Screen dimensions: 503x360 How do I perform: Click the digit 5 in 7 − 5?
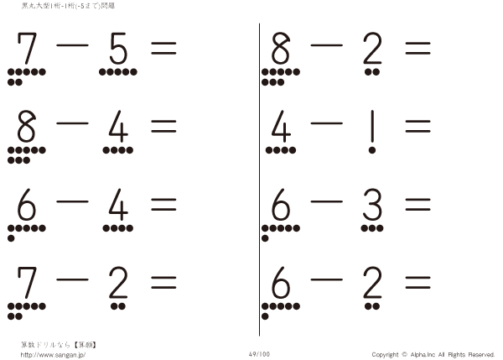point(118,48)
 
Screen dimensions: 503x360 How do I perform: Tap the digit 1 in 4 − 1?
point(372,126)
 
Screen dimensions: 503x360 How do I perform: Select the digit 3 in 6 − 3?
point(372,204)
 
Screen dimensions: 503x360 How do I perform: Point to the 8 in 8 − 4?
point(26,126)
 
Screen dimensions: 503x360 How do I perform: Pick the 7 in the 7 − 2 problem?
point(27,282)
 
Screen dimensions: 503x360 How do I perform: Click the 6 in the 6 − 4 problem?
point(26,204)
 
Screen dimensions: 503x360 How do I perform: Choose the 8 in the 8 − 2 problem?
point(281,48)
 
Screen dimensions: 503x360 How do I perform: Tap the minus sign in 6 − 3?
point(327,201)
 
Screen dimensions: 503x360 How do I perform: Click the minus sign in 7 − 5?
point(72,45)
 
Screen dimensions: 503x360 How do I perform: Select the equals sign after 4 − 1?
point(417,126)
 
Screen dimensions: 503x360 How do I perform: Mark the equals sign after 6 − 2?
point(417,283)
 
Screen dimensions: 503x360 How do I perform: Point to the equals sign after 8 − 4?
point(163,126)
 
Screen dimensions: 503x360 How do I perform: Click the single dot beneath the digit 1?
point(372,150)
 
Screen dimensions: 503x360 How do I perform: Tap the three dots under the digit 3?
point(372,228)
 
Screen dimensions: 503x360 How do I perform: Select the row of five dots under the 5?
point(118,72)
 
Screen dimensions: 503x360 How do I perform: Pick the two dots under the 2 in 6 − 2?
point(372,306)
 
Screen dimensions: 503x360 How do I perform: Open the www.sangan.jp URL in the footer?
point(53,355)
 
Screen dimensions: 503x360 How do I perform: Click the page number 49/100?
point(259,354)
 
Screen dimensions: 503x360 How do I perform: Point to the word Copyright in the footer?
point(385,354)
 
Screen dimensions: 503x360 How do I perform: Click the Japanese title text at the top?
point(68,6)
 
